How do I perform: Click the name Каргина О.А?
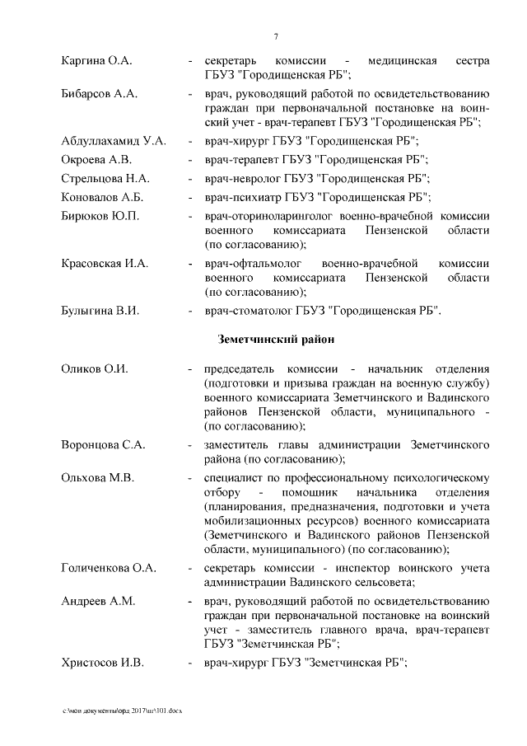click(97, 62)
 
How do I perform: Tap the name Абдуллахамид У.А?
click(114, 141)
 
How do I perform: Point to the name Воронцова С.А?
click(104, 445)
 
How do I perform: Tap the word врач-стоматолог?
click(245, 312)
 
